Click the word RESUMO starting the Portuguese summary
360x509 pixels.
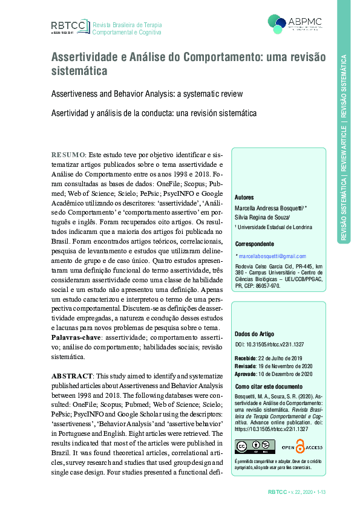(68, 155)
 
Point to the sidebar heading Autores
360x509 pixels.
(244, 197)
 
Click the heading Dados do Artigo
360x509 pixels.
(254, 334)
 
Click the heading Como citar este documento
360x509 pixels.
(268, 386)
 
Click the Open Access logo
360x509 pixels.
(301, 447)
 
